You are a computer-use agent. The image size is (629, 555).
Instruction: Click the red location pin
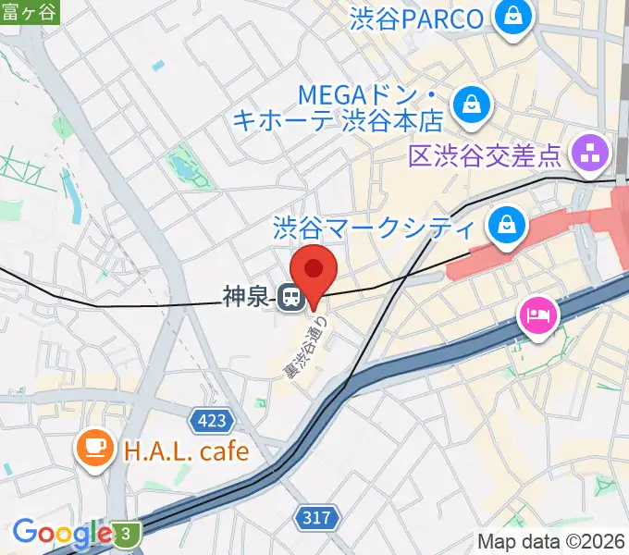pos(314,269)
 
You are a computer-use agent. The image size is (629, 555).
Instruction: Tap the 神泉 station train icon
pos(290,297)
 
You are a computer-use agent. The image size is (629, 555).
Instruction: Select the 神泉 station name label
pos(245,297)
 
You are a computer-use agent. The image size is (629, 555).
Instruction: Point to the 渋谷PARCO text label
pos(416,18)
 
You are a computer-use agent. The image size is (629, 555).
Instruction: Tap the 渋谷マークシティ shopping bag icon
pos(508,226)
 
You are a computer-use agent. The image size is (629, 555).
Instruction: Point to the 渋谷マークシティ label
pos(375,228)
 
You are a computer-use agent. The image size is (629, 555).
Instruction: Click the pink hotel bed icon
pos(537,316)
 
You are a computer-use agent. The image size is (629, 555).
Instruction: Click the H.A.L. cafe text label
pos(186,451)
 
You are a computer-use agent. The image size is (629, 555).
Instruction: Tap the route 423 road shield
pos(211,422)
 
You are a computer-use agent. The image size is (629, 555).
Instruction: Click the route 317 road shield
pos(315,518)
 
